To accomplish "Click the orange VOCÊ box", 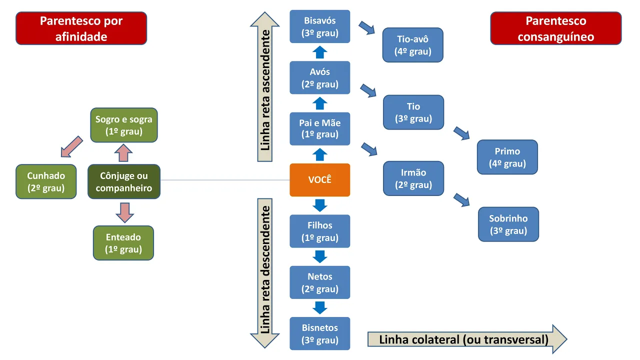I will click(320, 180).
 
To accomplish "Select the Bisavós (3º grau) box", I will click(320, 27).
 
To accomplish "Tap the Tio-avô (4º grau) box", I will click(413, 45).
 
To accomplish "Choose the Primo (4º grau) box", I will click(507, 157).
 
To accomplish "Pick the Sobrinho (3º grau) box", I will click(508, 224).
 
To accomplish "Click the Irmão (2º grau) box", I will click(413, 178).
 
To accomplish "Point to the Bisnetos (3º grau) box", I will click(320, 334).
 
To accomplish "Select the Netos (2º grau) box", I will click(320, 282).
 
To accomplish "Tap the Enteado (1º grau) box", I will click(123, 243).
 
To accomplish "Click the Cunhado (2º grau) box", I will click(46, 182).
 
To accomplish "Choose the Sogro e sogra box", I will click(123, 125).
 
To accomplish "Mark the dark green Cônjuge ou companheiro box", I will click(123, 182).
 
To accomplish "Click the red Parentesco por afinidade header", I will click(81, 28).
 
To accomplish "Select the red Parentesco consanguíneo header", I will click(555, 28).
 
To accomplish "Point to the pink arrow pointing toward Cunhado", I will click(71, 146).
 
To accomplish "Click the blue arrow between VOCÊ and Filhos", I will click(320, 205).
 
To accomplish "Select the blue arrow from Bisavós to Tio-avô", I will click(367, 27).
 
